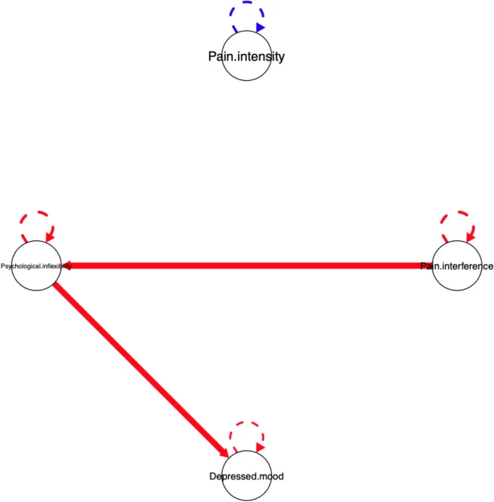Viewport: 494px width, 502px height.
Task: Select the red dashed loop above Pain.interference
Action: click(456, 214)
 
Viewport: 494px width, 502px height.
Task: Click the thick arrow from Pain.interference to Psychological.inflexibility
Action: click(245, 266)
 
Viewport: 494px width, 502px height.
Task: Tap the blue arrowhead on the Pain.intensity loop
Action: click(260, 27)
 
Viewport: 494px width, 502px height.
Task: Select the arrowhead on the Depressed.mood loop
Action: click(260, 447)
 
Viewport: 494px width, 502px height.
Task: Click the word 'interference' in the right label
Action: click(467, 266)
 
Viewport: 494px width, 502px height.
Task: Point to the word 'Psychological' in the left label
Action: click(21, 266)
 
